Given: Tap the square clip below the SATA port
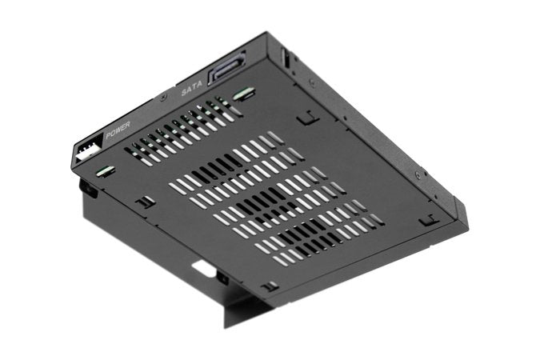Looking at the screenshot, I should pos(304,118).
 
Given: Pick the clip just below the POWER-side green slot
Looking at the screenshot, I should pos(144,202).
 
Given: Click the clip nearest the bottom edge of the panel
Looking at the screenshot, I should pos(271,286).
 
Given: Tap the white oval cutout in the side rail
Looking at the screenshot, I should pos(205,270).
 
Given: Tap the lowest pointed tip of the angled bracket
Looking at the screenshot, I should pos(226,326).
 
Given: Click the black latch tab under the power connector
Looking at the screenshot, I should pos(86,190).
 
